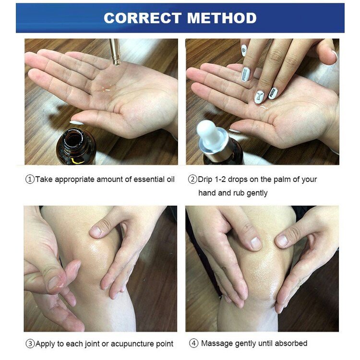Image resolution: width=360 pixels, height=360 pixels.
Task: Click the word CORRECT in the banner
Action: point(143,18)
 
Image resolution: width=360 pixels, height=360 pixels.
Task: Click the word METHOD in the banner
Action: point(222,18)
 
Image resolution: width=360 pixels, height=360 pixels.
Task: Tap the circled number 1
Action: point(30,180)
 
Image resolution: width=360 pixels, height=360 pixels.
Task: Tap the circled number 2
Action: point(192,180)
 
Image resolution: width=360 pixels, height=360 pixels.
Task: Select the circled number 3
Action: point(30,344)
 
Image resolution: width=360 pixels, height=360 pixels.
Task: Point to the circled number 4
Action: point(193,344)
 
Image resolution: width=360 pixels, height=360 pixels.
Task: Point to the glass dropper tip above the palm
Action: point(116,61)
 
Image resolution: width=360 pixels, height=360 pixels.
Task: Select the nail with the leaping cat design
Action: point(259,97)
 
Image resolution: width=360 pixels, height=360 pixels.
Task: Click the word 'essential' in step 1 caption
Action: point(148,180)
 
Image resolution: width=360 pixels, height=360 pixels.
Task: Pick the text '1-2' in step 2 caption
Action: point(220,180)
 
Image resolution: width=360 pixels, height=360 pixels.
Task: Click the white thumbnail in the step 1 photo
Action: point(77,123)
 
